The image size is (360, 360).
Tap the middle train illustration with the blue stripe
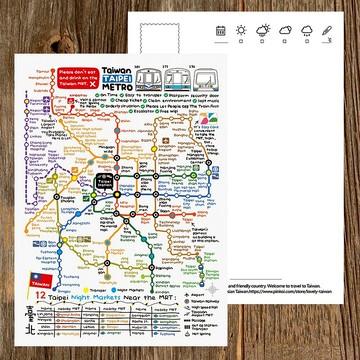click(183, 77)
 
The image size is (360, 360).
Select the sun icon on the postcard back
click(240, 31)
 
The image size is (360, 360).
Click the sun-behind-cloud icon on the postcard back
click(261, 31)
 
